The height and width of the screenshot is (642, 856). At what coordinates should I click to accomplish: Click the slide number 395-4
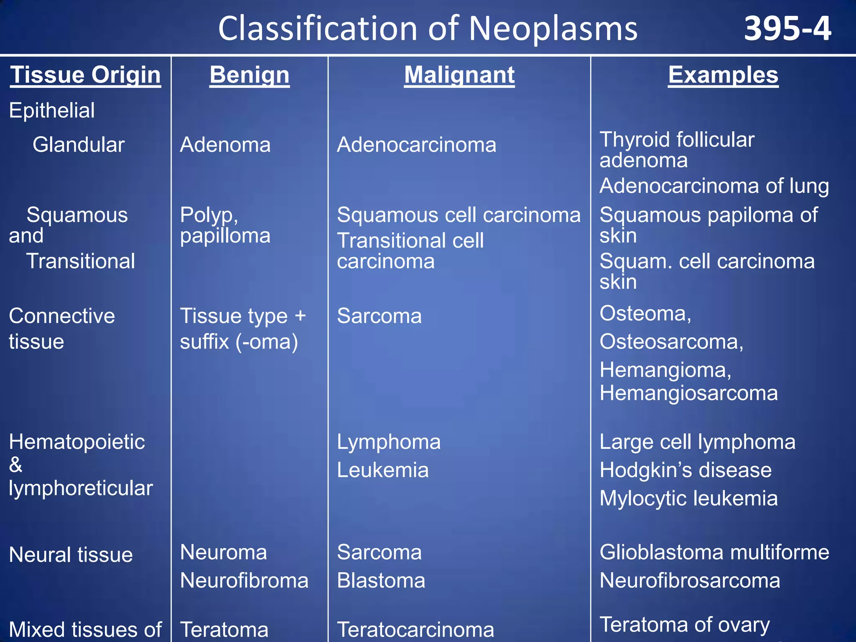(x=787, y=29)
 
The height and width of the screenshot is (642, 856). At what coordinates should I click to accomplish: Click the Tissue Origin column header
(x=85, y=75)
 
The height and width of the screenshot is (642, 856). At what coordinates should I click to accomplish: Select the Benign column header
(x=250, y=75)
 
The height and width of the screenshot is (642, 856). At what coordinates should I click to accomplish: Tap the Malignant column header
(x=459, y=75)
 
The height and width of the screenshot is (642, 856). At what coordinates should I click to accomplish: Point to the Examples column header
(x=723, y=75)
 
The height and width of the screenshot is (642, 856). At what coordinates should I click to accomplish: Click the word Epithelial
(x=52, y=111)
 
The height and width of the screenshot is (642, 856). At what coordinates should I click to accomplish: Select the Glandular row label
(x=79, y=145)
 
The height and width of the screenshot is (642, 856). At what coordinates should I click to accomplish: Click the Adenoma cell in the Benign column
(x=225, y=145)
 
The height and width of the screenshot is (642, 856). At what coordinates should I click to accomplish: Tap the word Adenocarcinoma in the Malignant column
(x=416, y=145)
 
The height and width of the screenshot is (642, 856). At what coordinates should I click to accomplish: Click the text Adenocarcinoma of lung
(x=714, y=186)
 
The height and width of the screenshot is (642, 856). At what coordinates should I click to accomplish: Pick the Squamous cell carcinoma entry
(x=459, y=215)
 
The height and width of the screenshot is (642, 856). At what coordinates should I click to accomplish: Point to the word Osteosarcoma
(x=671, y=342)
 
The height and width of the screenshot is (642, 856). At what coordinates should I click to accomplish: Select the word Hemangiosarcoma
(x=688, y=393)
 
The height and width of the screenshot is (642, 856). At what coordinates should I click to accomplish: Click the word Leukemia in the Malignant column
(x=382, y=470)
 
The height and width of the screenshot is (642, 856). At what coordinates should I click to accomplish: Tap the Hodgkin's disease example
(x=685, y=470)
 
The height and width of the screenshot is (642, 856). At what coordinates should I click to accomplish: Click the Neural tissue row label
(x=71, y=555)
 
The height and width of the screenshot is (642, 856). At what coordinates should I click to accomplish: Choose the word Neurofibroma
(x=244, y=581)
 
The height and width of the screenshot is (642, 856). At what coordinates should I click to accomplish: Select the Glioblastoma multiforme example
(x=714, y=553)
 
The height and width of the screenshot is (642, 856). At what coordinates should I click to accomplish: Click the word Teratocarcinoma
(x=415, y=629)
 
